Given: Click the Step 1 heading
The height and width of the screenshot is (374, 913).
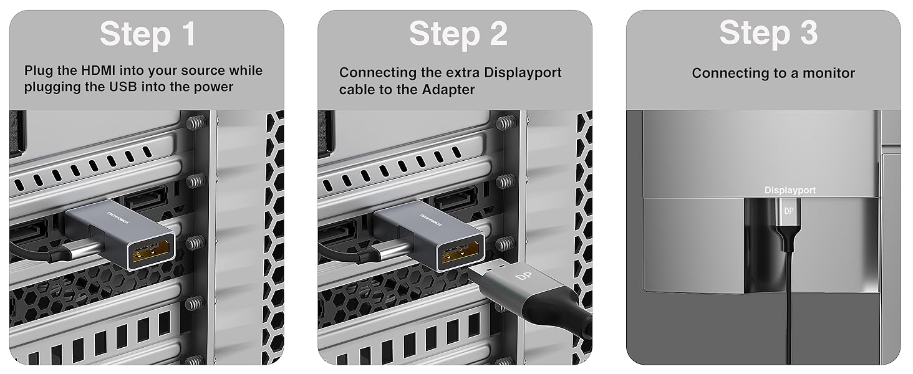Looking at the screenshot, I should tap(148, 34).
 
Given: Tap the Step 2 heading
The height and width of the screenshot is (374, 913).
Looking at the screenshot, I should tap(458, 34).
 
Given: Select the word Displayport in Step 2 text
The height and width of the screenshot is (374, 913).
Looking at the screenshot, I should tap(522, 73).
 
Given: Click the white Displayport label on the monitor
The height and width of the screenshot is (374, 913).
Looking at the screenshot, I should tap(790, 190).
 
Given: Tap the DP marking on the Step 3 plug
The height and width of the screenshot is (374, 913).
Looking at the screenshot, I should tap(789, 211).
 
